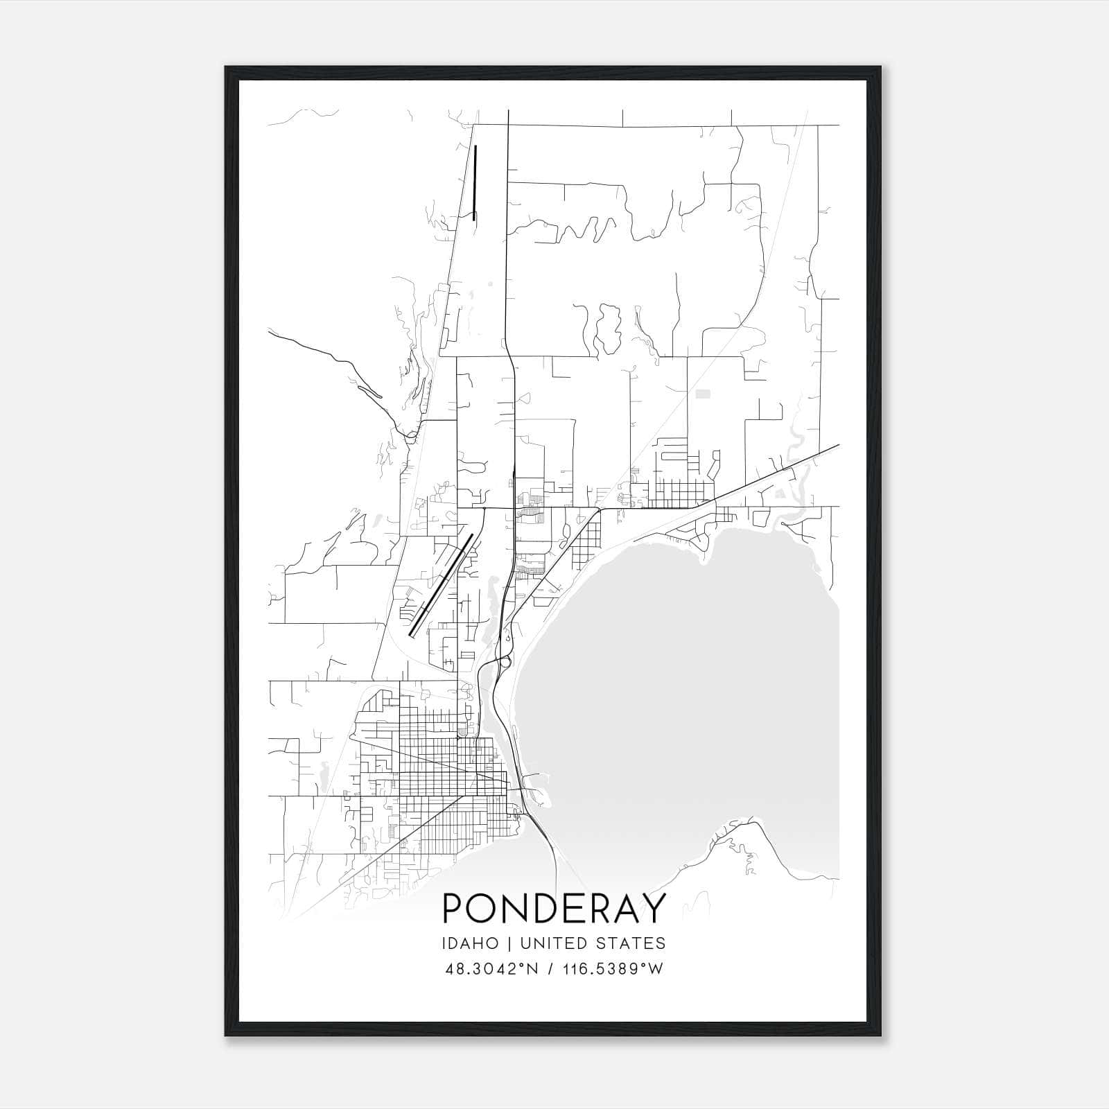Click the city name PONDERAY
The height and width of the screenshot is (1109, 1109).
pos(554,907)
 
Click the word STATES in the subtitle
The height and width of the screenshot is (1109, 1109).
pos(631,943)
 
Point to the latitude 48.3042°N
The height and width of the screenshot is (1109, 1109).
pos(494,969)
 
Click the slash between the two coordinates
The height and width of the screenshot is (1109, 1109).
pos(550,969)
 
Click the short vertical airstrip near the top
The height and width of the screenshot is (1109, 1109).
pos(475,183)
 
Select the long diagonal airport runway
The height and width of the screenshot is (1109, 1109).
pos(441,584)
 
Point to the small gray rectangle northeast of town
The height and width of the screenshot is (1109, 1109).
pos(703,394)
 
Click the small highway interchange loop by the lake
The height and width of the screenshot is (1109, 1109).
pos(505,662)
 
